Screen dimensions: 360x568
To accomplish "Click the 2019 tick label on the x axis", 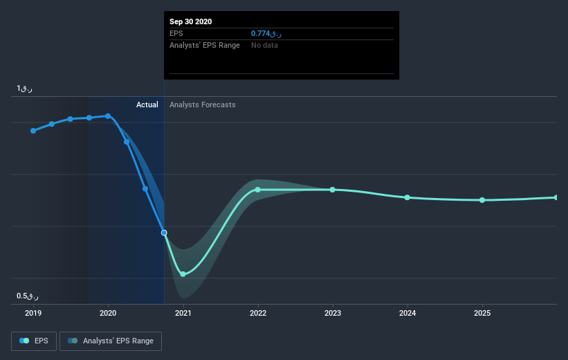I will (33, 313).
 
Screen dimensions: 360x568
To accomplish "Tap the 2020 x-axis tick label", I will (108, 313).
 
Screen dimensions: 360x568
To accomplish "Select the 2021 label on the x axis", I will (183, 313).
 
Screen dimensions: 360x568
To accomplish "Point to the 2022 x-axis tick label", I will (257, 313).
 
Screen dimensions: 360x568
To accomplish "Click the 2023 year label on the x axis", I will (332, 313).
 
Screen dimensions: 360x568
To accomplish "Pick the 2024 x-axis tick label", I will (407, 313).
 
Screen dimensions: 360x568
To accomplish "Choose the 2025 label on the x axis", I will (482, 313).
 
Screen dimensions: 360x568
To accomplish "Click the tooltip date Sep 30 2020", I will (191, 21).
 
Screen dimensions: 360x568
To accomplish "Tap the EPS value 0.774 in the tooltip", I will (266, 33).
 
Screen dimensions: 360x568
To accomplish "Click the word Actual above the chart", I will (147, 105).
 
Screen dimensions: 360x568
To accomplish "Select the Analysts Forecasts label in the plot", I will (203, 105).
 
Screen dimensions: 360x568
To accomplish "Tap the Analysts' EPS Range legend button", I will (111, 341).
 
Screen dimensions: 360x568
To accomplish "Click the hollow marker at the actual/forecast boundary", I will (164, 233).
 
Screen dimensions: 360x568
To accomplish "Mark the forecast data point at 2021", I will (183, 274).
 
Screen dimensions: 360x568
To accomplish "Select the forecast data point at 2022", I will (257, 190).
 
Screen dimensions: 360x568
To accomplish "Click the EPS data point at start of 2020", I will (108, 116).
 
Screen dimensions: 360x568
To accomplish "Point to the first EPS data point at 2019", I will (33, 130).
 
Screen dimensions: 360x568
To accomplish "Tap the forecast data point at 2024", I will (407, 197).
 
